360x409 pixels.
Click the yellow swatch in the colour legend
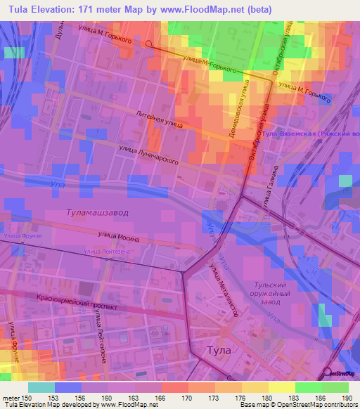pyautogui.click(x=281, y=387)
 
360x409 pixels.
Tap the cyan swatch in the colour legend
pyautogui.click(x=41, y=387)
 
